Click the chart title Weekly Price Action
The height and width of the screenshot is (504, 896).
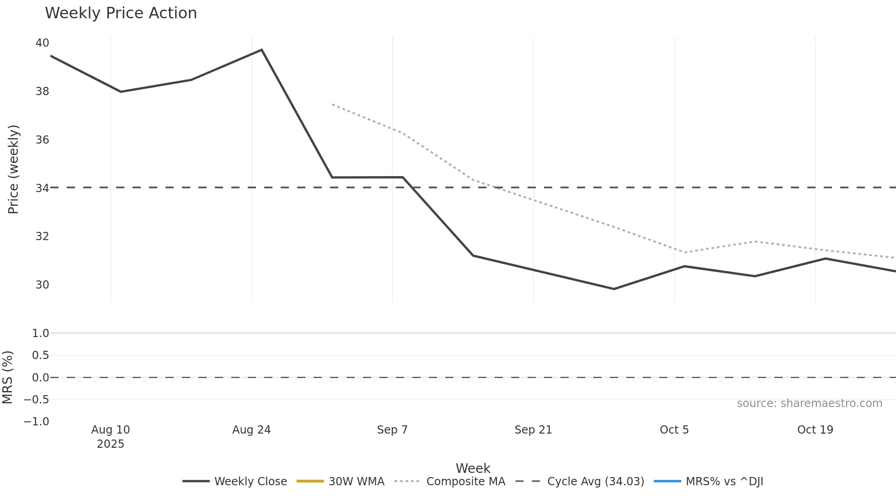(x=121, y=13)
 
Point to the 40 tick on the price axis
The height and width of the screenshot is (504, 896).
(x=42, y=43)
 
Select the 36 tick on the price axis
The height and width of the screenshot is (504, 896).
(x=42, y=140)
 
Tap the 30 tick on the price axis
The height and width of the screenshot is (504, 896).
(x=42, y=285)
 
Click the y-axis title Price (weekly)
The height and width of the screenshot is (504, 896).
(x=13, y=169)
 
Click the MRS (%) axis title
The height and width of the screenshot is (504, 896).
(x=7, y=377)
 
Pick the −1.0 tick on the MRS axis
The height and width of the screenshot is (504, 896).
(x=37, y=422)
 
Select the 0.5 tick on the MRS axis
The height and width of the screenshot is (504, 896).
(x=40, y=355)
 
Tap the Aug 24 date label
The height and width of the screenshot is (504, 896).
(x=251, y=430)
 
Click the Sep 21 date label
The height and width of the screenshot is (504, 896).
(x=533, y=430)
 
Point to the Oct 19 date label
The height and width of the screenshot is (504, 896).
(x=815, y=430)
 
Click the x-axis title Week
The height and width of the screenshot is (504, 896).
(x=473, y=468)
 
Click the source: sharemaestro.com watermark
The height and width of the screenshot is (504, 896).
(x=809, y=403)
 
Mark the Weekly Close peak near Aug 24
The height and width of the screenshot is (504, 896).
(x=261, y=50)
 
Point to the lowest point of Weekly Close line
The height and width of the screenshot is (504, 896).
(x=613, y=289)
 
